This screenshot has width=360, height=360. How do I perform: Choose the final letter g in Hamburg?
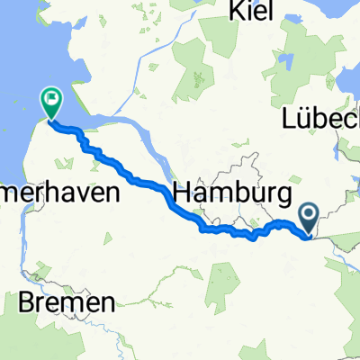click(285, 196)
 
